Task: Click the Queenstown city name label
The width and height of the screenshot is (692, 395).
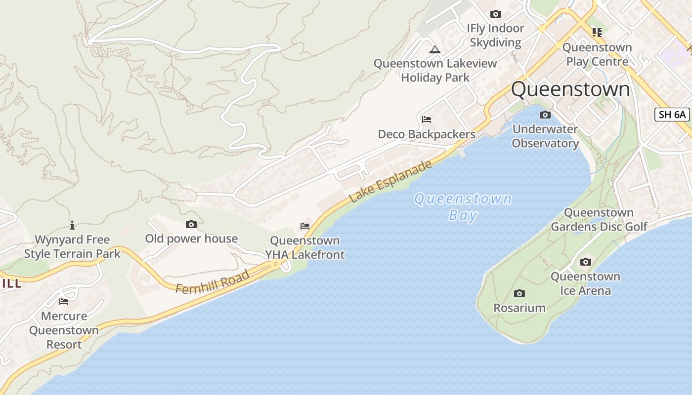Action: (x=570, y=90)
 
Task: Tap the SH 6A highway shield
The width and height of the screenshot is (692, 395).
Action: (x=672, y=115)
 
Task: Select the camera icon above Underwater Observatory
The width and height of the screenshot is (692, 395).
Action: (x=545, y=115)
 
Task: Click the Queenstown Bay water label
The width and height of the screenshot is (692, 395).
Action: (x=463, y=207)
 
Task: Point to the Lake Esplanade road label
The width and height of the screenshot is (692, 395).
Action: (x=391, y=181)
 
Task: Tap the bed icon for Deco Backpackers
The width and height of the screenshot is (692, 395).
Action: (x=427, y=119)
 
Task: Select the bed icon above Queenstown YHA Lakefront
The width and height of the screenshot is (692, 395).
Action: (x=305, y=226)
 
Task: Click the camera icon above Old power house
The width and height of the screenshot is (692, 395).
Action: (x=191, y=225)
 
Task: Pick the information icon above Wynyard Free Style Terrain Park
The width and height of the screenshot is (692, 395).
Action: (x=72, y=225)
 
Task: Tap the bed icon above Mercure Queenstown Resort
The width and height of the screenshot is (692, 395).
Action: (x=64, y=301)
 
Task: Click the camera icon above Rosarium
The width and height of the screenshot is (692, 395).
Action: (x=519, y=294)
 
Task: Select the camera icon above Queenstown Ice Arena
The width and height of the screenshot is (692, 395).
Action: (x=586, y=262)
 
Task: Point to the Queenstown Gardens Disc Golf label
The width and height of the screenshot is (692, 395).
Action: (x=599, y=220)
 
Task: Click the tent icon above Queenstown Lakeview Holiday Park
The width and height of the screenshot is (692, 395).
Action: (x=434, y=49)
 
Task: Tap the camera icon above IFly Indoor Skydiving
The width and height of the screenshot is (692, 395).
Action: (x=496, y=14)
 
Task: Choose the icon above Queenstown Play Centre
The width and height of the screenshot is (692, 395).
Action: (x=597, y=33)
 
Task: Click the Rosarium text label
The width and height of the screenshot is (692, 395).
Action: (x=519, y=308)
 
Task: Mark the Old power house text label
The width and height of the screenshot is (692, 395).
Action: (x=191, y=238)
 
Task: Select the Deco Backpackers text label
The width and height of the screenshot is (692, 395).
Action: (x=426, y=134)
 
